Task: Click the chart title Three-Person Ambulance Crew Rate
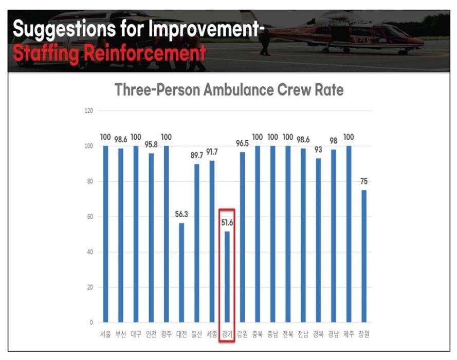[229, 90]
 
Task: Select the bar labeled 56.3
[181, 272]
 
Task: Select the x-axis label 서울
[105, 334]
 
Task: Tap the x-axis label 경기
[227, 334]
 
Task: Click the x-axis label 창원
[364, 334]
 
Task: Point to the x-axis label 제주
[349, 334]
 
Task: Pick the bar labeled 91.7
[212, 241]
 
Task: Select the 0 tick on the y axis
[92, 323]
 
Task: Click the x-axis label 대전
[181, 334]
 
